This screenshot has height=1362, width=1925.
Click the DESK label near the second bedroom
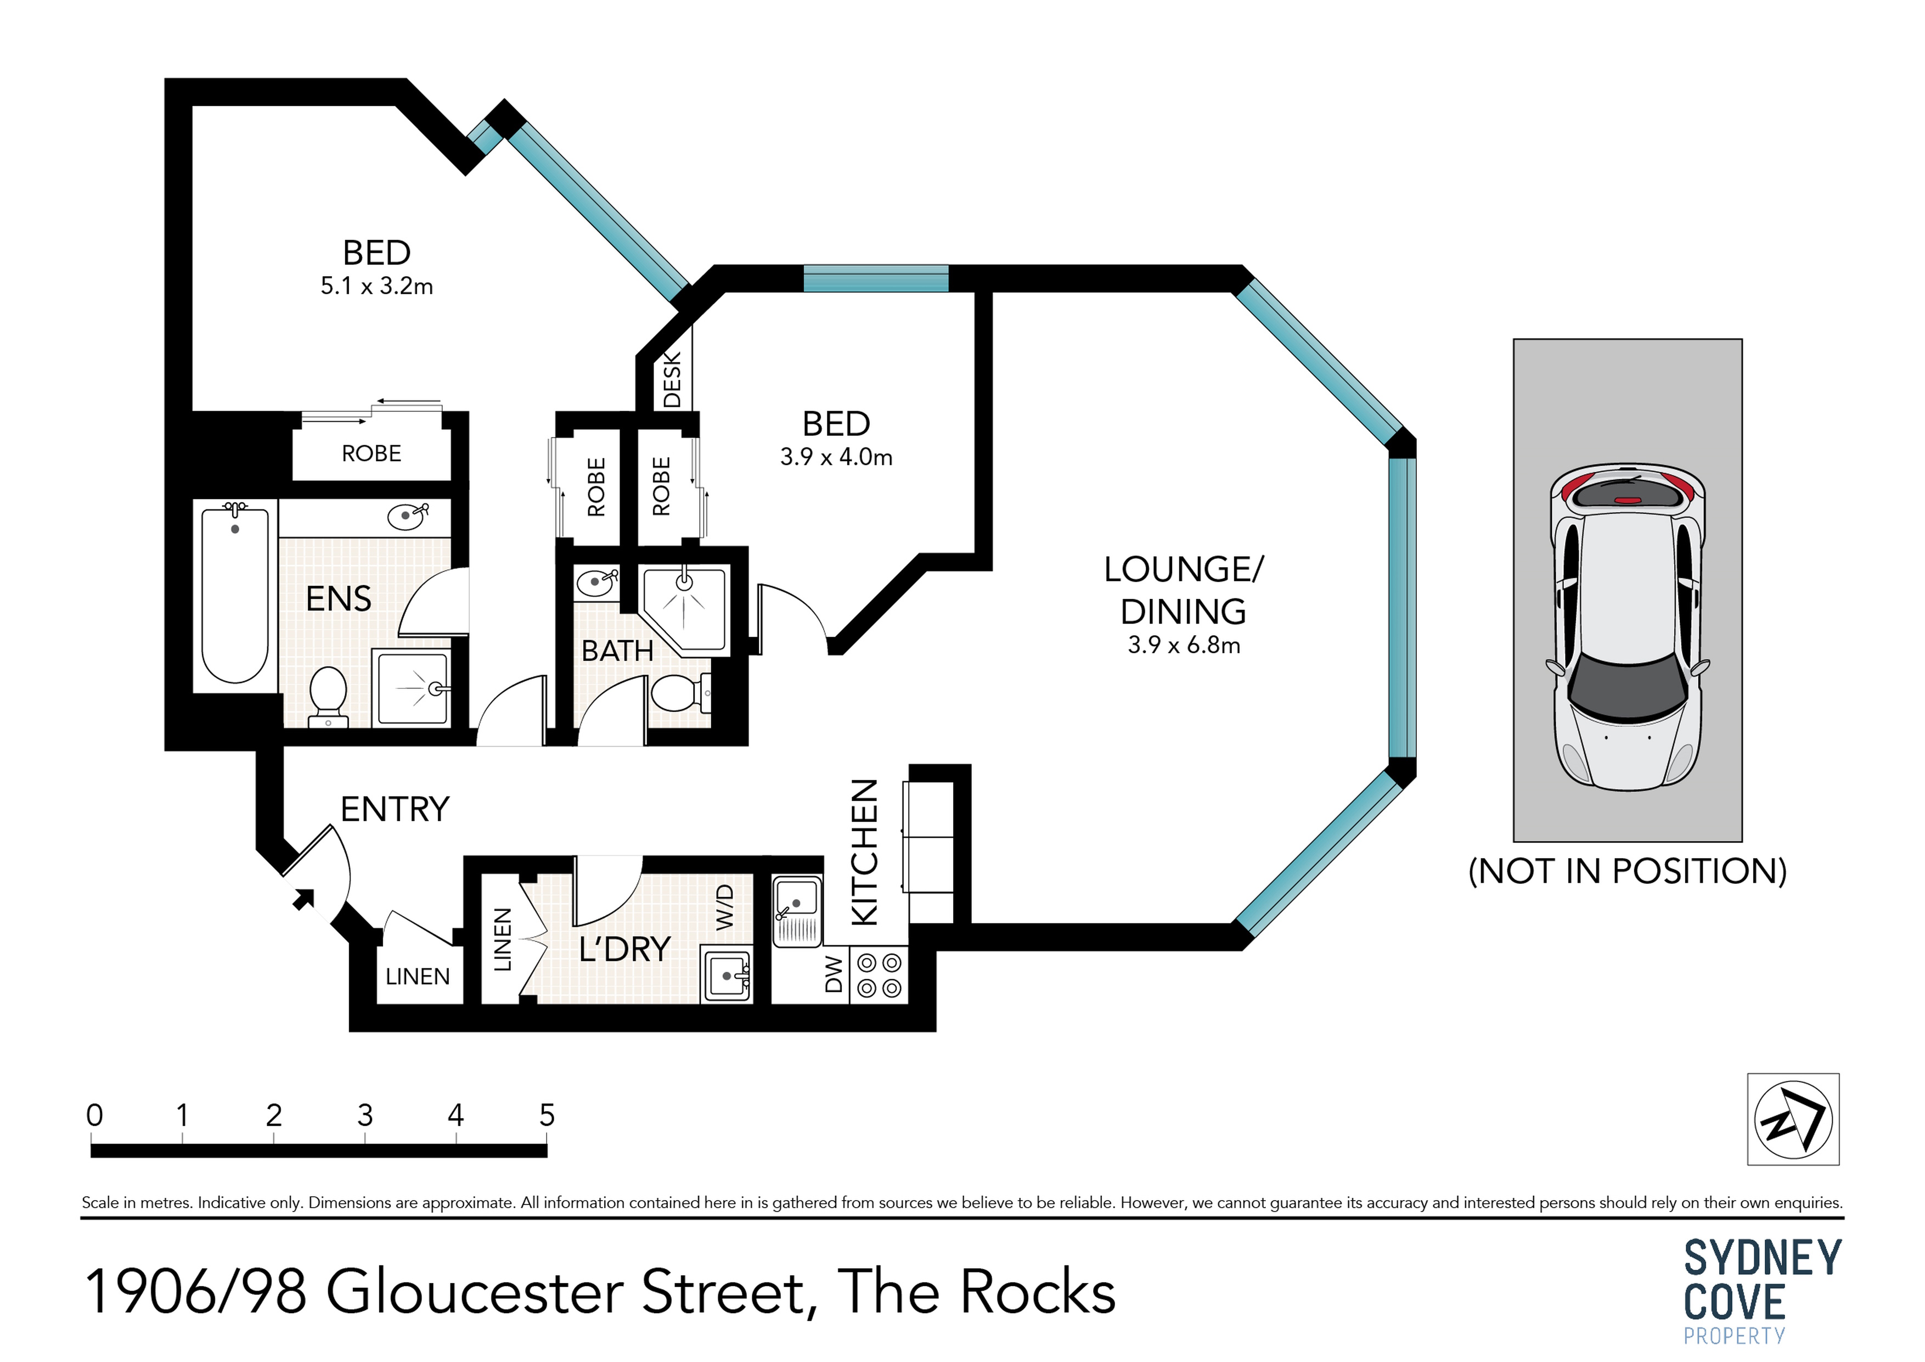pos(672,379)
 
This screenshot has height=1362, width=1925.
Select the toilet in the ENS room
pos(328,694)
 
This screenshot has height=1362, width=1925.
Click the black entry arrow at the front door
pos(303,900)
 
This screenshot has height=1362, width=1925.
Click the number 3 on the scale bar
pos(365,1116)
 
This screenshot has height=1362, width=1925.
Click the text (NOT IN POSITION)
pos(1628,871)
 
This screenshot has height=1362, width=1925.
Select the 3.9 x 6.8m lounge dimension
pos(1183,645)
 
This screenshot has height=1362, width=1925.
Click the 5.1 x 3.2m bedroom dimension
pos(376,286)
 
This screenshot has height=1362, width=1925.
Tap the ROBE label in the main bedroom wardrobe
pos(372,453)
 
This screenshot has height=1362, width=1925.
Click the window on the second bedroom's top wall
pos(876,278)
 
